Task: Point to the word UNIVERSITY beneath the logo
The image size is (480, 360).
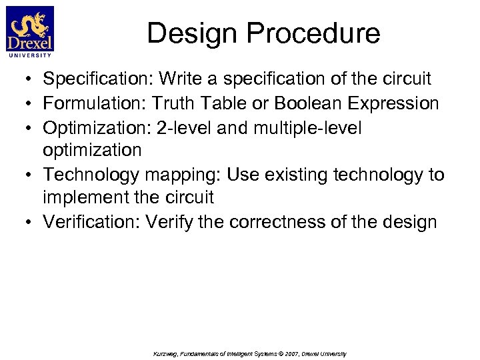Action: coord(30,56)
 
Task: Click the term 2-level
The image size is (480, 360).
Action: coord(194,127)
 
